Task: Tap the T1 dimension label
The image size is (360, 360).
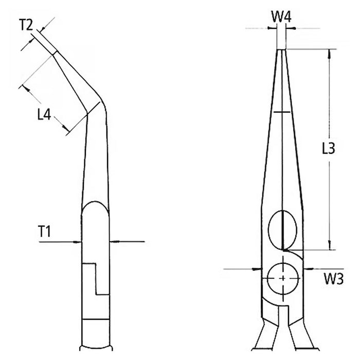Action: click(x=45, y=233)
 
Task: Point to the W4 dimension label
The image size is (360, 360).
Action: click(x=282, y=17)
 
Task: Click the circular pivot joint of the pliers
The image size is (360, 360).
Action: click(x=282, y=278)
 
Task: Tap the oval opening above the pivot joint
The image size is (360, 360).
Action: click(x=283, y=228)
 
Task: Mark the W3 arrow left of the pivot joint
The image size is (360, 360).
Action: click(x=258, y=268)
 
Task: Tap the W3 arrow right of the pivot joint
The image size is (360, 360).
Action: click(x=307, y=268)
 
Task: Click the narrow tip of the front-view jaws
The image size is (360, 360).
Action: click(x=282, y=51)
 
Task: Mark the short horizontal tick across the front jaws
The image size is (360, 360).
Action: click(x=282, y=112)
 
